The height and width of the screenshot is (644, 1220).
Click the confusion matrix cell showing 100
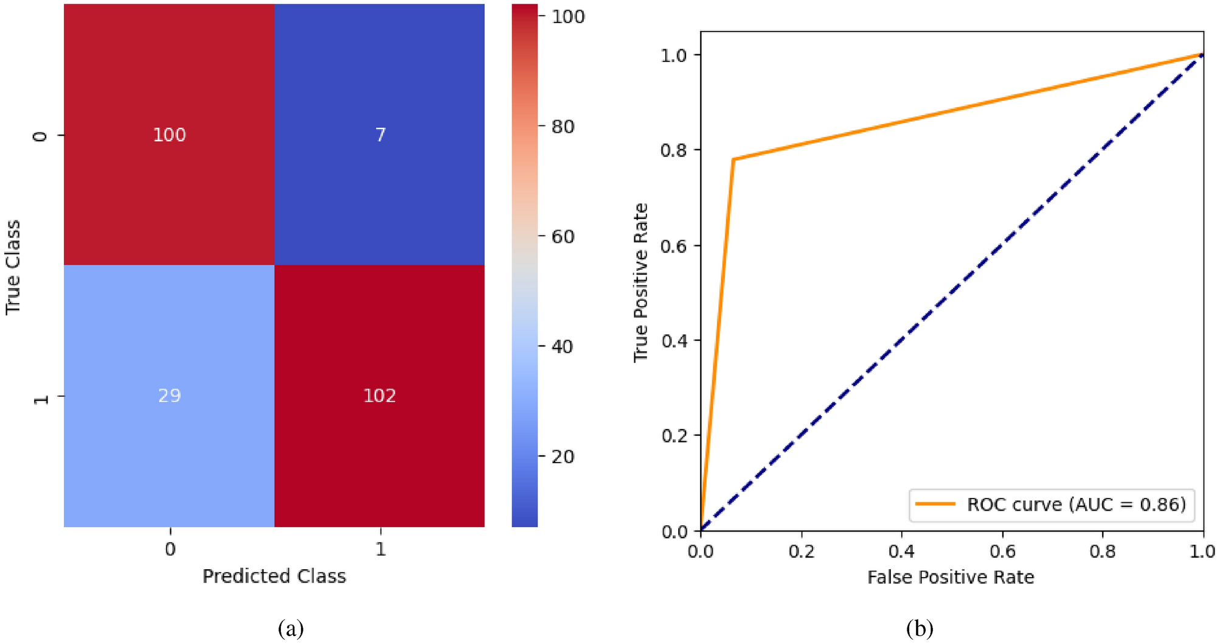coord(169,135)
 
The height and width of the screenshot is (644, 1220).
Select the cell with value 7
coord(380,135)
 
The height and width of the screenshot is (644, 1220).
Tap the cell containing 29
coord(169,396)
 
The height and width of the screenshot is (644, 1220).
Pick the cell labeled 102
coord(380,396)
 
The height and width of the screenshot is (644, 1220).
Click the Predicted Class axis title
coord(274,576)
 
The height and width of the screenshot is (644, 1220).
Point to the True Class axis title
coord(13,268)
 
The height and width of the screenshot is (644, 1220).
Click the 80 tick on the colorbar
coord(563,127)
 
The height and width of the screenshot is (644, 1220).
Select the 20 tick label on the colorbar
coord(563,457)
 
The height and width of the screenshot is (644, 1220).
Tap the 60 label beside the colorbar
coord(563,236)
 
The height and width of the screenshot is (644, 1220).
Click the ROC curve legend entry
coord(1051,505)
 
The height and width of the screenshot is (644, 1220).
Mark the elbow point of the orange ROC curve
coord(733,159)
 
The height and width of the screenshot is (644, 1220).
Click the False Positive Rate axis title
coord(951,577)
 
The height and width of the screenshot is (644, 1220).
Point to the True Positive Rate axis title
coord(641,282)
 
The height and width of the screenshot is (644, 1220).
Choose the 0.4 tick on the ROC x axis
coord(901,551)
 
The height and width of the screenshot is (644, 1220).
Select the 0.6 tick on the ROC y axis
coord(673,245)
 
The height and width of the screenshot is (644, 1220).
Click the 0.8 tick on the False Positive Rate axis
coord(1103,551)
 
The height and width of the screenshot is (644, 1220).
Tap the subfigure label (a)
coord(291,628)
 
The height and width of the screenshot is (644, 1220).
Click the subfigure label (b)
coord(920,628)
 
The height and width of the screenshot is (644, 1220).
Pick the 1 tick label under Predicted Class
coord(381,549)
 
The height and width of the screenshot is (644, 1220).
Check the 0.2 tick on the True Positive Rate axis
coord(673,436)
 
